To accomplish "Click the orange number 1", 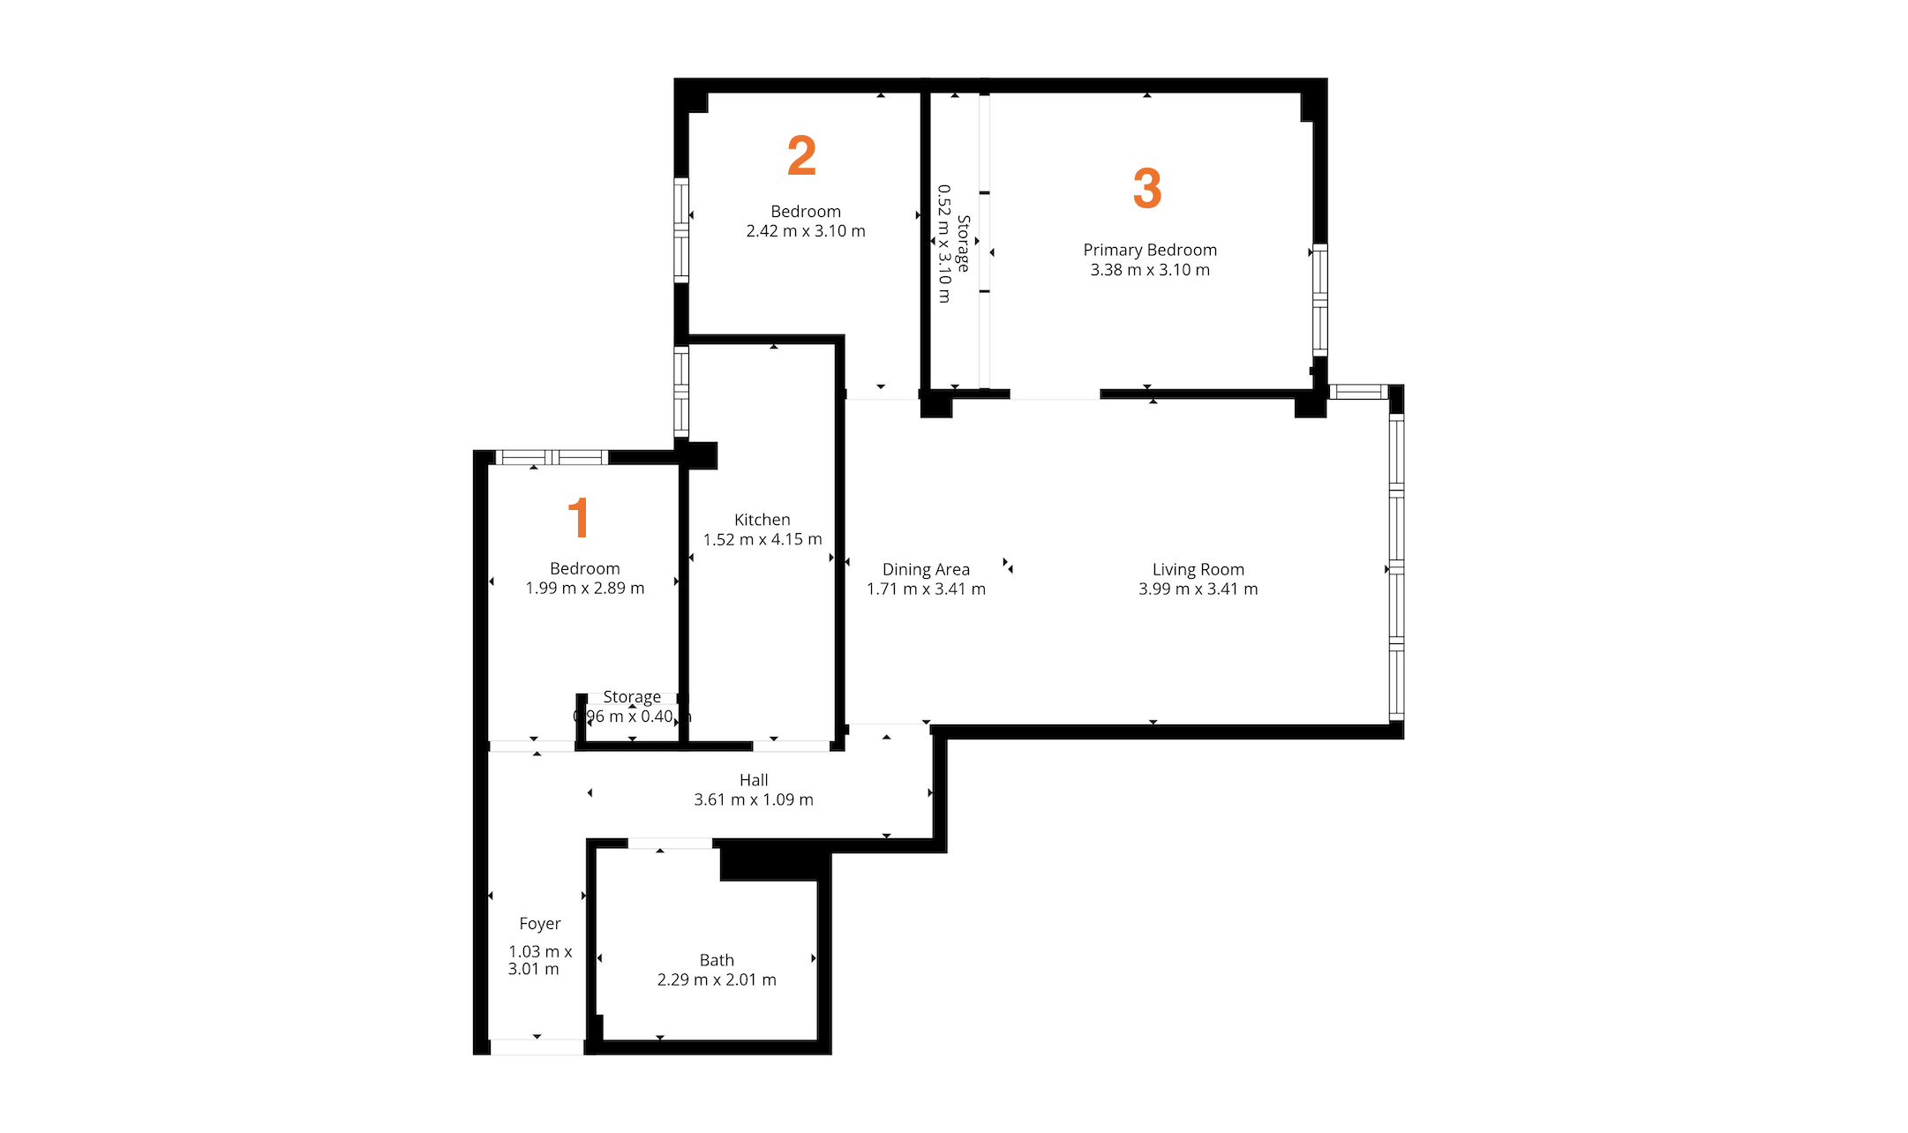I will pyautogui.click(x=578, y=517).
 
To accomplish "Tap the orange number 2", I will pyautogui.click(x=801, y=155).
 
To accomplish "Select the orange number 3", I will pyautogui.click(x=1146, y=188).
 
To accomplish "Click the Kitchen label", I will pyautogui.click(x=762, y=520).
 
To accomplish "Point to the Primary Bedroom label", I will pyautogui.click(x=1149, y=250).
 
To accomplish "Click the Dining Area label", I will pyautogui.click(x=926, y=569).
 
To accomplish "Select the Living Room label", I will pyautogui.click(x=1198, y=569).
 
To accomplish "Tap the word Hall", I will pyautogui.click(x=754, y=780).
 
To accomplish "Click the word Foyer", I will pyautogui.click(x=540, y=924).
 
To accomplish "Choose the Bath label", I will pyautogui.click(x=717, y=960).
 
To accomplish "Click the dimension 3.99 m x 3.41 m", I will pyautogui.click(x=1198, y=589).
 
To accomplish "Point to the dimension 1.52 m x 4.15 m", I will pyautogui.click(x=762, y=539).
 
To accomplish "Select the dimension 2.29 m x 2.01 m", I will pyautogui.click(x=717, y=979).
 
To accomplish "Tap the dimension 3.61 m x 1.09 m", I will pyautogui.click(x=754, y=799).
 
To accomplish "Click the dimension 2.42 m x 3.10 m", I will pyautogui.click(x=806, y=231).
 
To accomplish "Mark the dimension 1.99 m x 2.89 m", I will pyautogui.click(x=584, y=589).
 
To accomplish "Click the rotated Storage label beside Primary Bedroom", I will pyautogui.click(x=963, y=244).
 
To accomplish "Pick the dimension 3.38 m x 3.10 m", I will pyautogui.click(x=1149, y=270).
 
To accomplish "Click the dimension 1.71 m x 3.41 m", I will pyautogui.click(x=926, y=589).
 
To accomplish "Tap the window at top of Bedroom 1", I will pyautogui.click(x=552, y=457).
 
